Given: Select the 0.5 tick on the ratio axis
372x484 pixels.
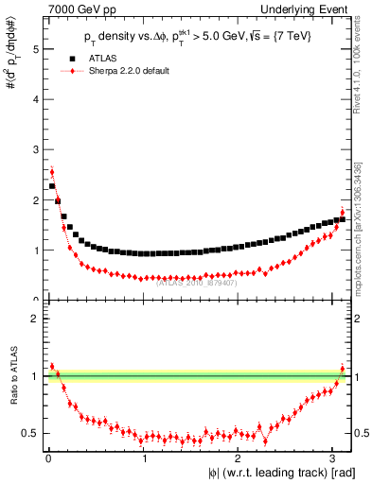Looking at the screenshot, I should pyautogui.click(x=30, y=434).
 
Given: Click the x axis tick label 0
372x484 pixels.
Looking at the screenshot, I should pyautogui.click(x=48, y=458).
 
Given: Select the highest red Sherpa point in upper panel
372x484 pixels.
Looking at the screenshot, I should pyautogui.click(x=51, y=171).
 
